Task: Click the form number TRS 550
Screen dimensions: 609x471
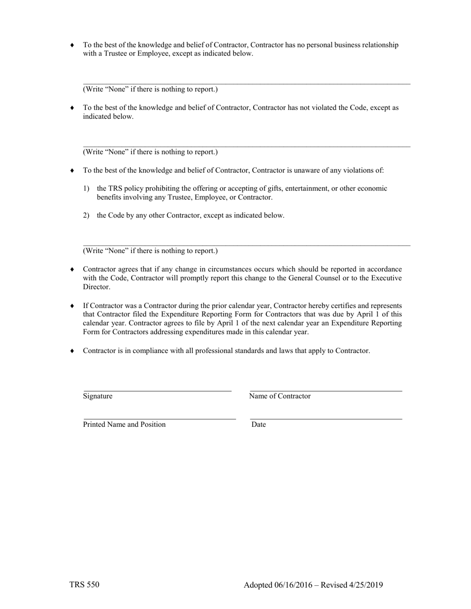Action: (84, 585)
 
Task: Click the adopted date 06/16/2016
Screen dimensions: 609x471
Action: (293, 585)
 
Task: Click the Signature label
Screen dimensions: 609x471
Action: (98, 396)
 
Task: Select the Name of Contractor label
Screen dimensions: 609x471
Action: (280, 396)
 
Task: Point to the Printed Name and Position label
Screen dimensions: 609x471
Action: (124, 424)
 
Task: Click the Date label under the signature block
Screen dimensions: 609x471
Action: (258, 424)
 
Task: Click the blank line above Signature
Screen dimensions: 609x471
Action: (157, 391)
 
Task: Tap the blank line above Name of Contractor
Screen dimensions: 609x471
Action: (326, 391)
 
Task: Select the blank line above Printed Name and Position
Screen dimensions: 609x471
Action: (159, 419)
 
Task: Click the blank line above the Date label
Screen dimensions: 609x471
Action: (326, 419)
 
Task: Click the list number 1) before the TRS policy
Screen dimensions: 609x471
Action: (86, 189)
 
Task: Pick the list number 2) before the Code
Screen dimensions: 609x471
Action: (86, 215)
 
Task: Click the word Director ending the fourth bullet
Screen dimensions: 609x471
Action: (97, 287)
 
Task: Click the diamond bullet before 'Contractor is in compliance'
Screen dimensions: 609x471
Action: (72, 351)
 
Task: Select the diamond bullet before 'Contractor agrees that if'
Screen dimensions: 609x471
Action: (72, 269)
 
